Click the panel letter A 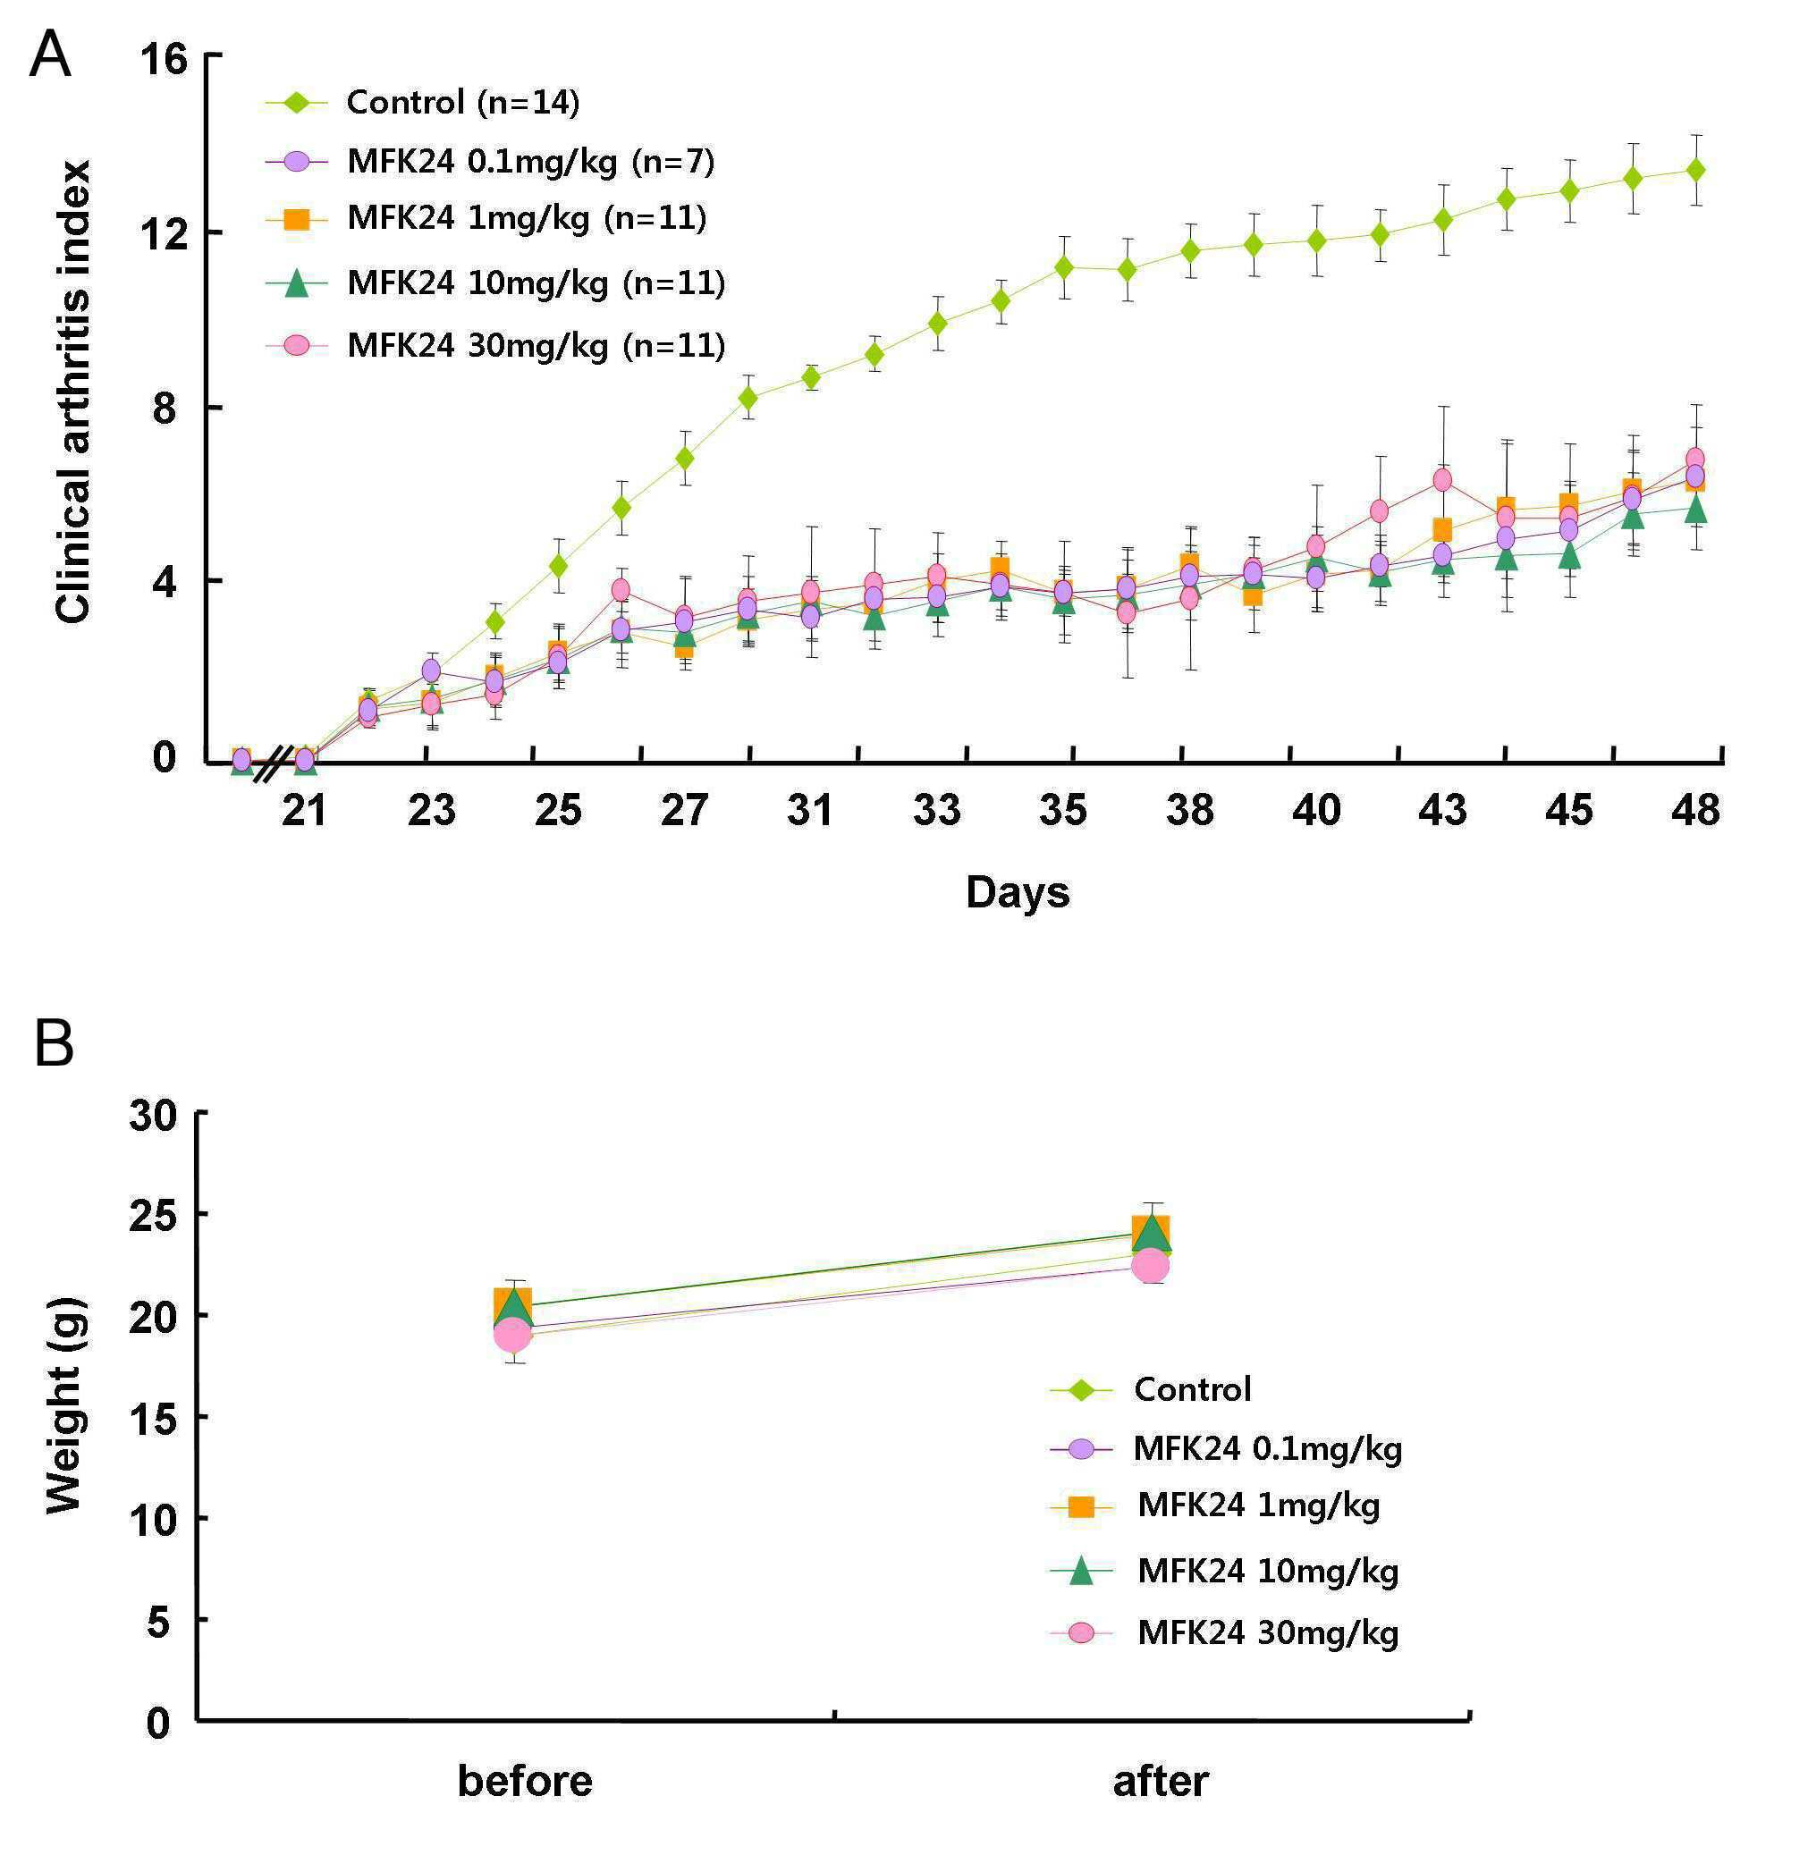coord(50,55)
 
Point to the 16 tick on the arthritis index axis coord(165,59)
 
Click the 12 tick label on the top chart coord(165,233)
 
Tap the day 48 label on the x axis coord(1695,810)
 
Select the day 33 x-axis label coord(936,810)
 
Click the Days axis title coord(1018,892)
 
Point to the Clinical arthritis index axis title coord(74,392)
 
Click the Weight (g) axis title coord(65,1404)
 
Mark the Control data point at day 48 coord(1695,170)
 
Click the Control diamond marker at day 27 coord(684,458)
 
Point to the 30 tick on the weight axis coord(154,1115)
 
